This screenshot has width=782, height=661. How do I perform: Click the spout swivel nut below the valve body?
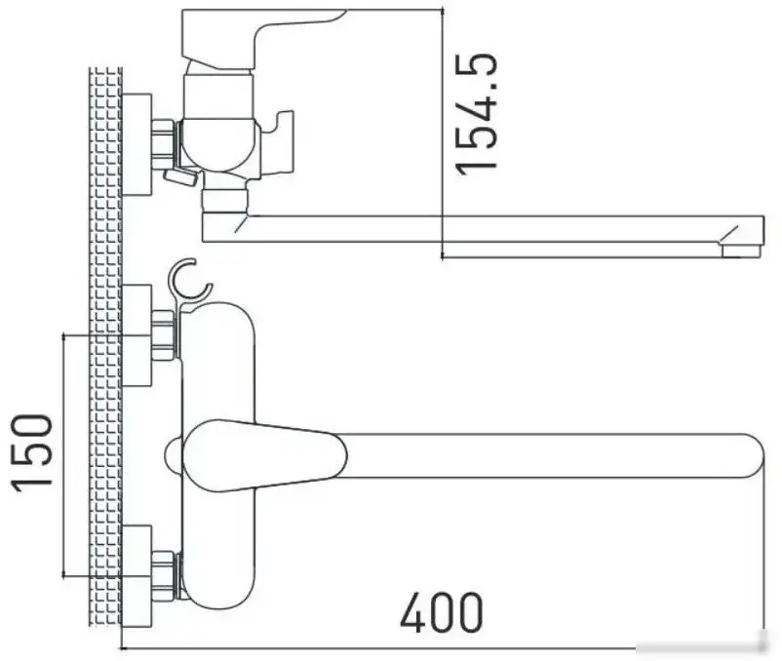point(224,200)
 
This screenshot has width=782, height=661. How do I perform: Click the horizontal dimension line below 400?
point(439,647)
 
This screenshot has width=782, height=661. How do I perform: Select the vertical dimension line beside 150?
point(64,453)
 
